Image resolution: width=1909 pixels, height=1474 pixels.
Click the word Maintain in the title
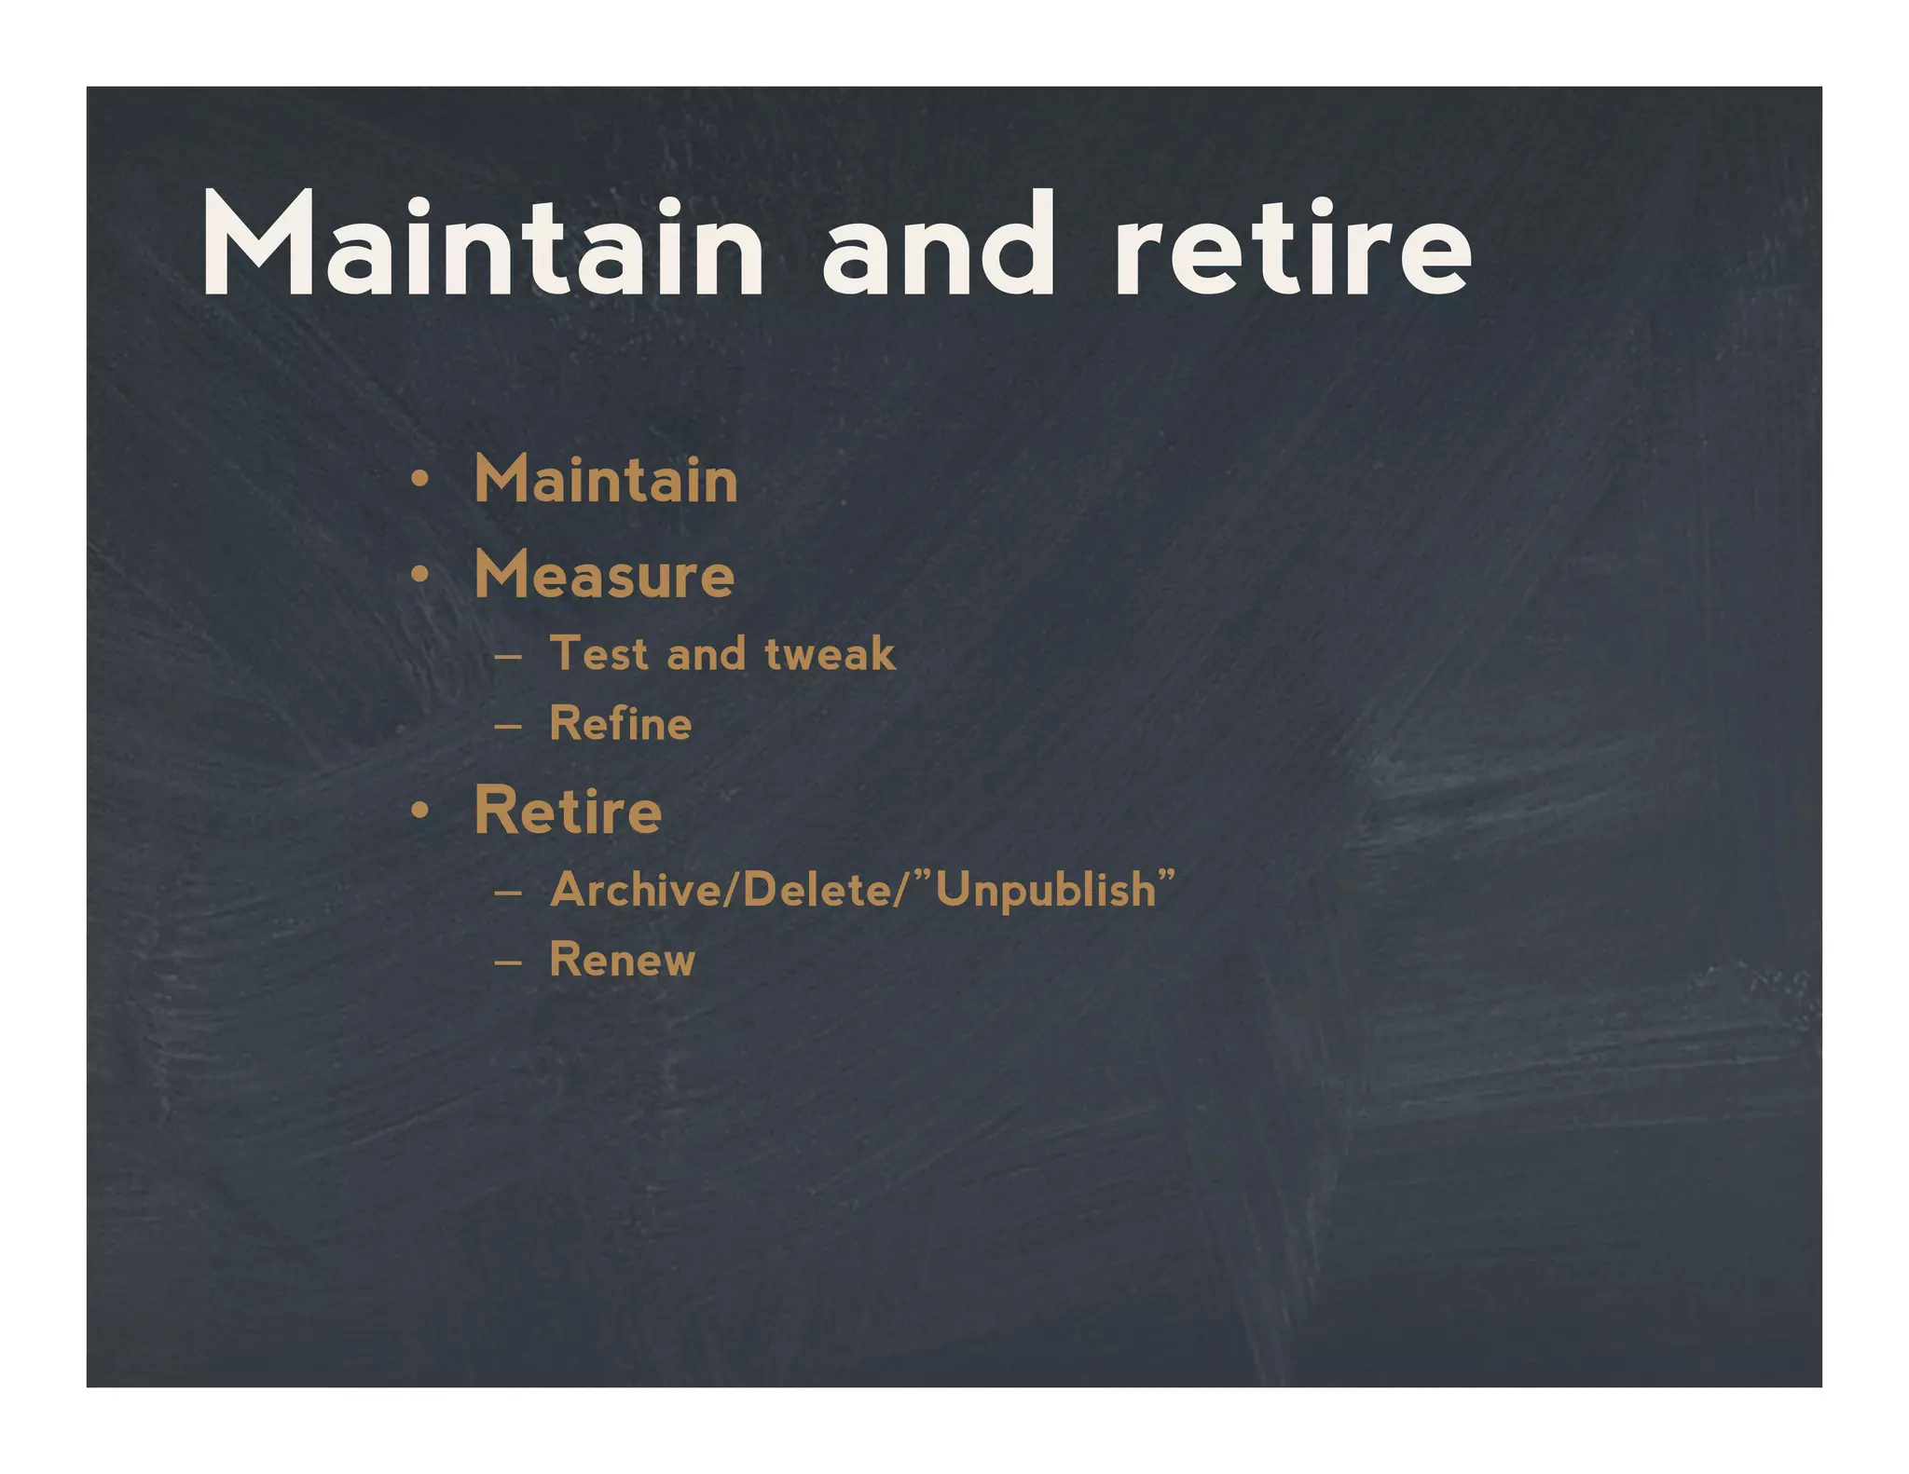pyautogui.click(x=482, y=244)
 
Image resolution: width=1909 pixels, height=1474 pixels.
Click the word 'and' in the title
pyautogui.click(x=939, y=244)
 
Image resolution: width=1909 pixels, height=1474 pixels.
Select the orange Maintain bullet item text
pyautogui.click(x=606, y=480)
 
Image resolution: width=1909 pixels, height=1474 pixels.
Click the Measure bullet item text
pyautogui.click(x=604, y=575)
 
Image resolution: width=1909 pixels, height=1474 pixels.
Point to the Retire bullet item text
pyautogui.click(x=568, y=811)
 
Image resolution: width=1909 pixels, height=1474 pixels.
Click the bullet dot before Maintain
pyautogui.click(x=420, y=481)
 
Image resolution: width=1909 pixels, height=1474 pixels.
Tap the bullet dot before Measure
pyautogui.click(x=420, y=575)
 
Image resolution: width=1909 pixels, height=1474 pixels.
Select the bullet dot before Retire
pyautogui.click(x=420, y=811)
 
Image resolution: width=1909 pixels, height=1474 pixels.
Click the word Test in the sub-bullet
pyautogui.click(x=598, y=653)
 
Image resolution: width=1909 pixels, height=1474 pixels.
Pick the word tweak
pyautogui.click(x=830, y=653)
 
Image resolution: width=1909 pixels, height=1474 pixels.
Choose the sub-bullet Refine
pyautogui.click(x=621, y=724)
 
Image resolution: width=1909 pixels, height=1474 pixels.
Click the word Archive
pyautogui.click(x=634, y=890)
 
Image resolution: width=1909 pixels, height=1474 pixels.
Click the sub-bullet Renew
pyautogui.click(x=622, y=960)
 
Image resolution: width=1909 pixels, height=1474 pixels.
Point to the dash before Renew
pyautogui.click(x=508, y=962)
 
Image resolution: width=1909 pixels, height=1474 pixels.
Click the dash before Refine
pyautogui.click(x=508, y=727)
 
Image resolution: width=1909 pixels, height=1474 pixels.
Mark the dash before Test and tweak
pyautogui.click(x=508, y=656)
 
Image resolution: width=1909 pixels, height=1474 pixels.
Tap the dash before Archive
pyautogui.click(x=508, y=893)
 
